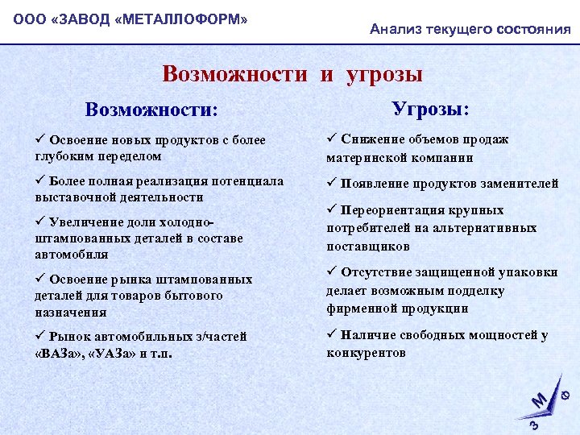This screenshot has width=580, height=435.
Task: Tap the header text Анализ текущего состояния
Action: [470, 30]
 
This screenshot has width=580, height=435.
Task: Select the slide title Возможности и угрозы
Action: [292, 74]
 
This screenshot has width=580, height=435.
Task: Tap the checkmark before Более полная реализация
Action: [39, 180]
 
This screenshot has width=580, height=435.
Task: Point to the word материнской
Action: [364, 158]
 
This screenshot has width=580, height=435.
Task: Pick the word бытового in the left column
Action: [219, 296]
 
